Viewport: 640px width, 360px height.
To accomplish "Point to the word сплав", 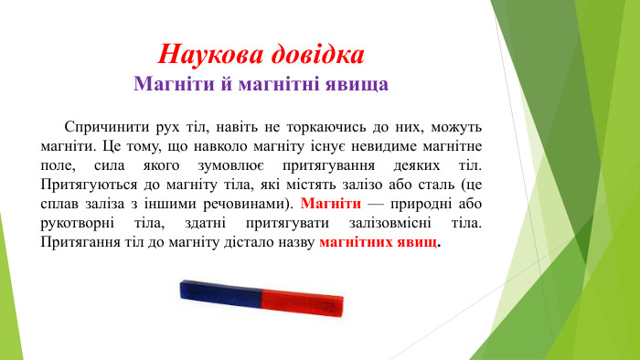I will [59, 205].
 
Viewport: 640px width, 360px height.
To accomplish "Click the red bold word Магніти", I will [329, 205].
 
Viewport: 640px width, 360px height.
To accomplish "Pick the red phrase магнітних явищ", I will [379, 244].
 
